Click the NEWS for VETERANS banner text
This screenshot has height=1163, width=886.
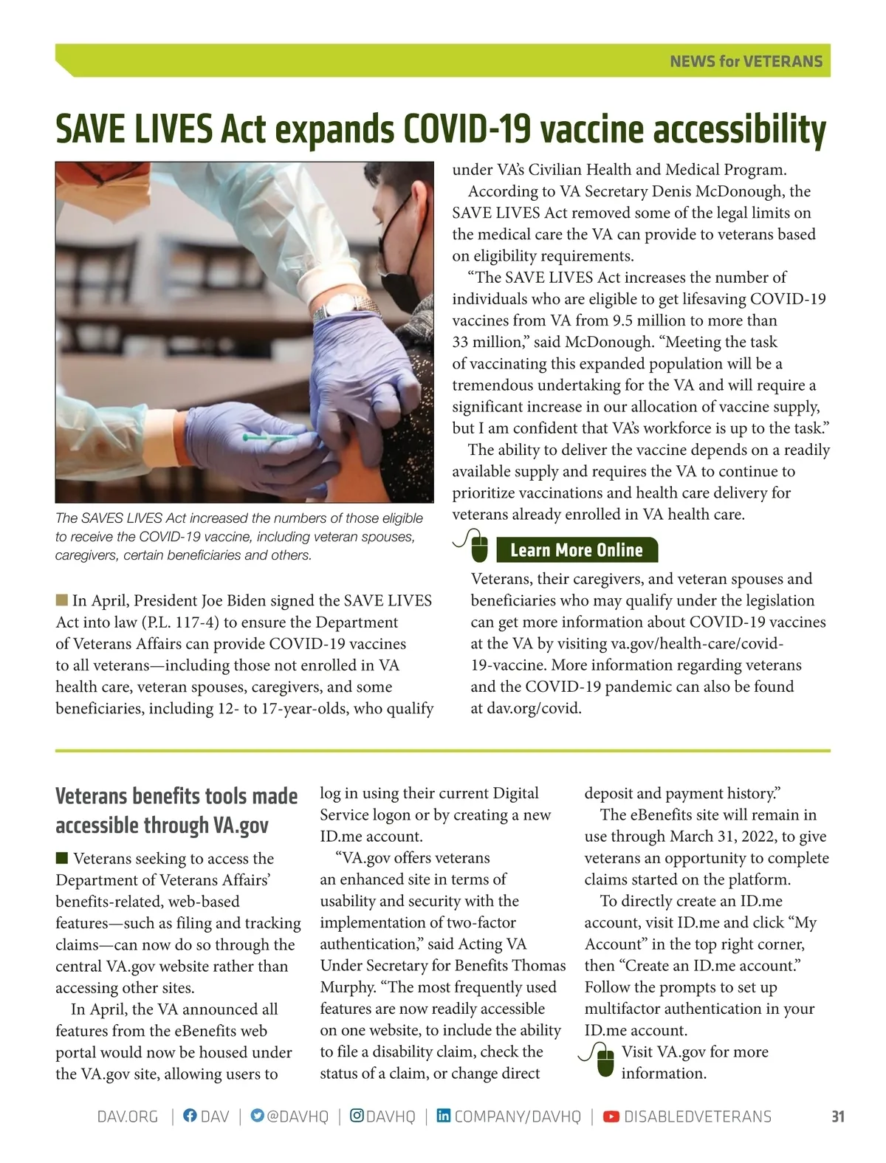click(x=746, y=61)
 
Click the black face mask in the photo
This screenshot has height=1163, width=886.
click(x=402, y=230)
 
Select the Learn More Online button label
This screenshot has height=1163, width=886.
click(x=576, y=550)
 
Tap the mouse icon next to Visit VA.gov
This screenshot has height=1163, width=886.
click(x=605, y=1061)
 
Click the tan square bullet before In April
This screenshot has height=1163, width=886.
click(x=61, y=599)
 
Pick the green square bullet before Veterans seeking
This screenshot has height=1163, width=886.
click(x=61, y=857)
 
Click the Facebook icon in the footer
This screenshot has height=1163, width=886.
click(x=190, y=1116)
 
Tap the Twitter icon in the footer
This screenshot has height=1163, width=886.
click(x=257, y=1116)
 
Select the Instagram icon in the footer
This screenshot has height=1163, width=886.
click(x=357, y=1116)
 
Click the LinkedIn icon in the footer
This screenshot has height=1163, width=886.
click(x=443, y=1116)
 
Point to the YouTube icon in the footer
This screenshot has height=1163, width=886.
click(x=611, y=1116)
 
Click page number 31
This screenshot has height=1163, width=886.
click(x=837, y=1116)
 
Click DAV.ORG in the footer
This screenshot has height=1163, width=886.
click(x=128, y=1116)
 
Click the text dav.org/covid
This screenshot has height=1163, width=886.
click(x=534, y=708)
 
